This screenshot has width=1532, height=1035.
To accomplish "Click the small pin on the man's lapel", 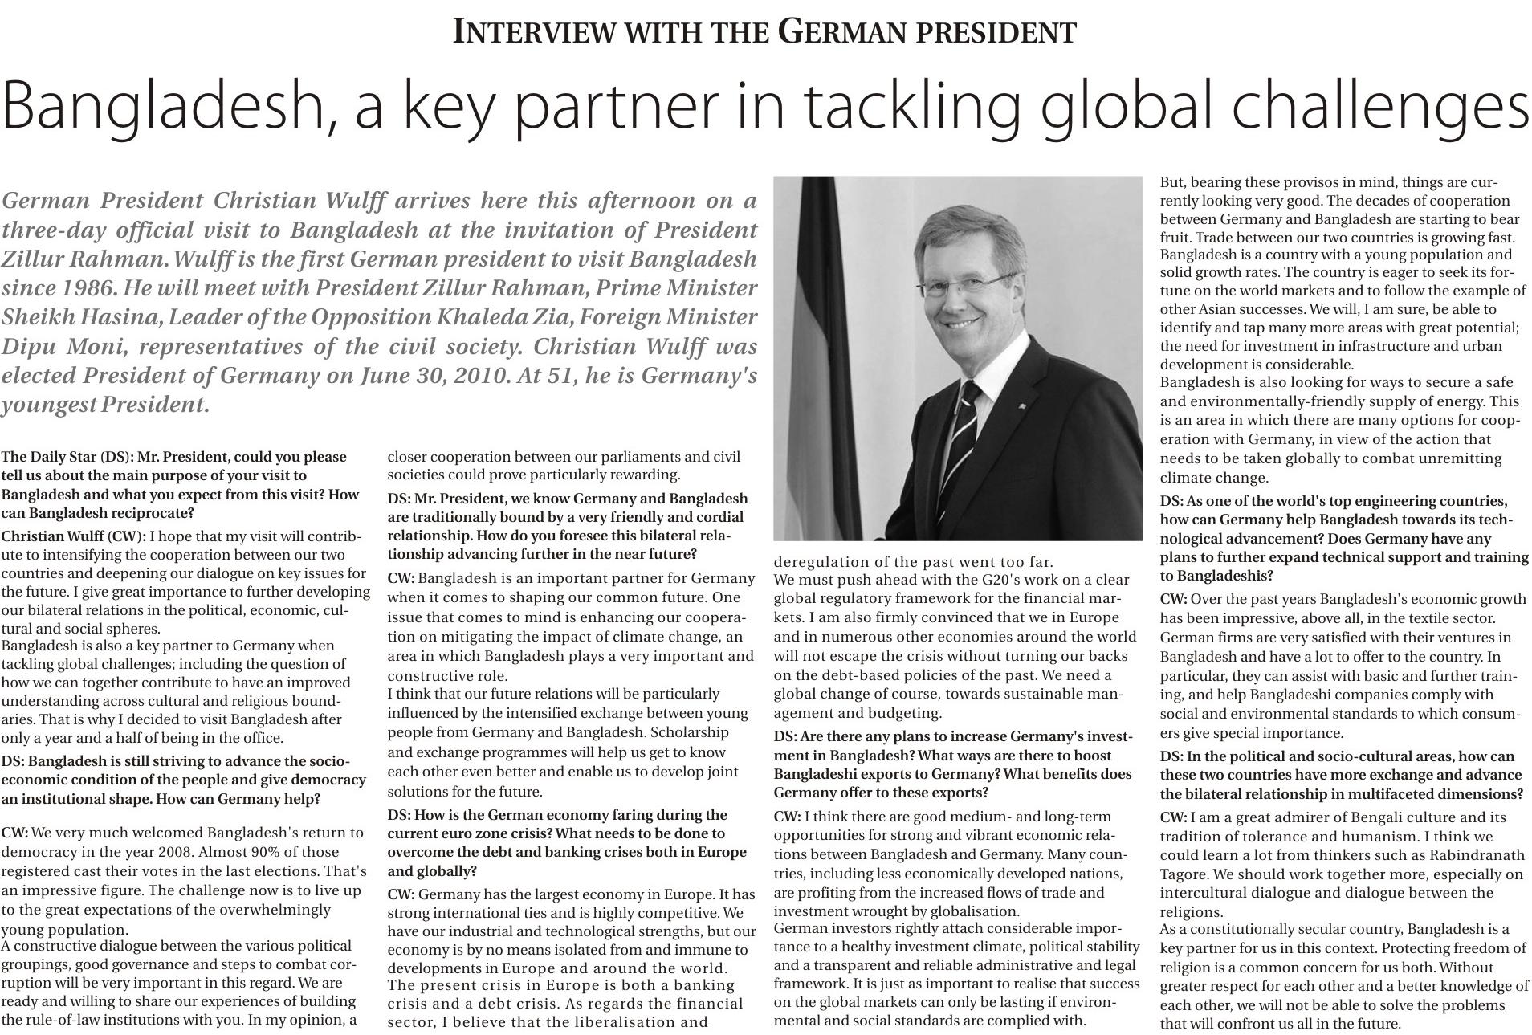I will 1021,407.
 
